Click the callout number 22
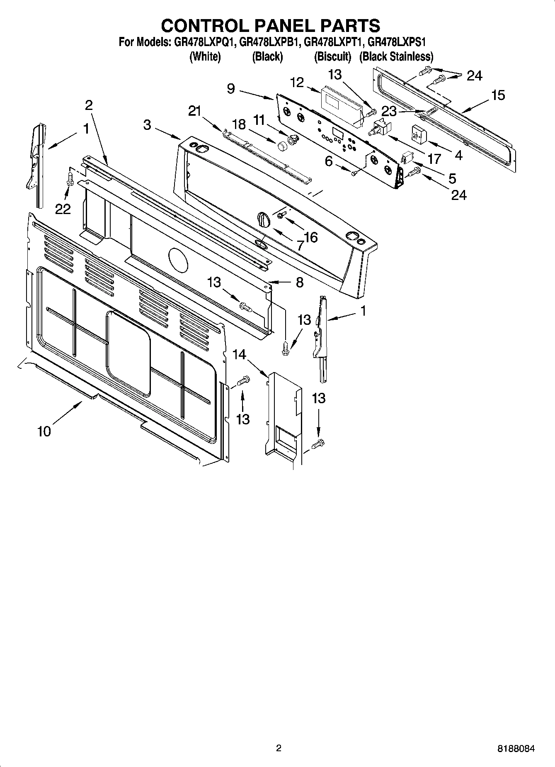tap(63, 209)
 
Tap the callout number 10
tap(44, 431)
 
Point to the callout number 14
tap(239, 354)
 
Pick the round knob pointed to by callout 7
tap(263, 218)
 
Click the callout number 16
tap(310, 237)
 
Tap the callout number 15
tap(498, 95)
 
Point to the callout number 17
tap(434, 158)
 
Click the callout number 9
tap(231, 88)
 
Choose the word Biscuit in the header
tap(332, 56)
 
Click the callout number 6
tap(328, 161)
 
